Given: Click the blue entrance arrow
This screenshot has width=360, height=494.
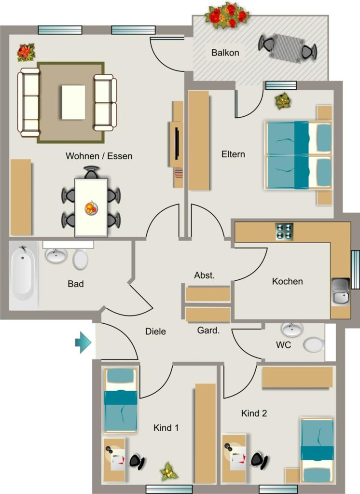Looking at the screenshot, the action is [x=83, y=342].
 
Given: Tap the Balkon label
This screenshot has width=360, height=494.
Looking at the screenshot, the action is [x=225, y=53].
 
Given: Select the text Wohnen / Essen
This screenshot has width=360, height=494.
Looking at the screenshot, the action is [x=99, y=156].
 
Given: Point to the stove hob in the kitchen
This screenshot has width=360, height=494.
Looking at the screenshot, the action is [x=284, y=232].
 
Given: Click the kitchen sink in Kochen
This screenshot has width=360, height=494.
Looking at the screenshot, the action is [x=340, y=291].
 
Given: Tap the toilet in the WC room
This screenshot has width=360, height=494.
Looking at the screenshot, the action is [x=314, y=344].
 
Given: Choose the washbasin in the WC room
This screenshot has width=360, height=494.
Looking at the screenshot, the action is [x=292, y=329].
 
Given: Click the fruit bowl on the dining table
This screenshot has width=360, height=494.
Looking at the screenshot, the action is [x=91, y=208].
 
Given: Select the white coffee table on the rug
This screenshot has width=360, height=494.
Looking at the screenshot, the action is [x=73, y=102].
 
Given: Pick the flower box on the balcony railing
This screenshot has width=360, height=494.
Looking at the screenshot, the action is [x=227, y=15].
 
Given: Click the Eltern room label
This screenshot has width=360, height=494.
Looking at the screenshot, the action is [x=233, y=154].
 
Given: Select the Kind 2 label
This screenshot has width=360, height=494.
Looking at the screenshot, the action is [x=254, y=413].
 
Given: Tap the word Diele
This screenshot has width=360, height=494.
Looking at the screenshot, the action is [x=155, y=331].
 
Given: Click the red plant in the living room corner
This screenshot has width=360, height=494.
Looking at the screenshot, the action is [x=26, y=52].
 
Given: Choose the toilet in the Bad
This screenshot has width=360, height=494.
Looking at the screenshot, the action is [x=81, y=260].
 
